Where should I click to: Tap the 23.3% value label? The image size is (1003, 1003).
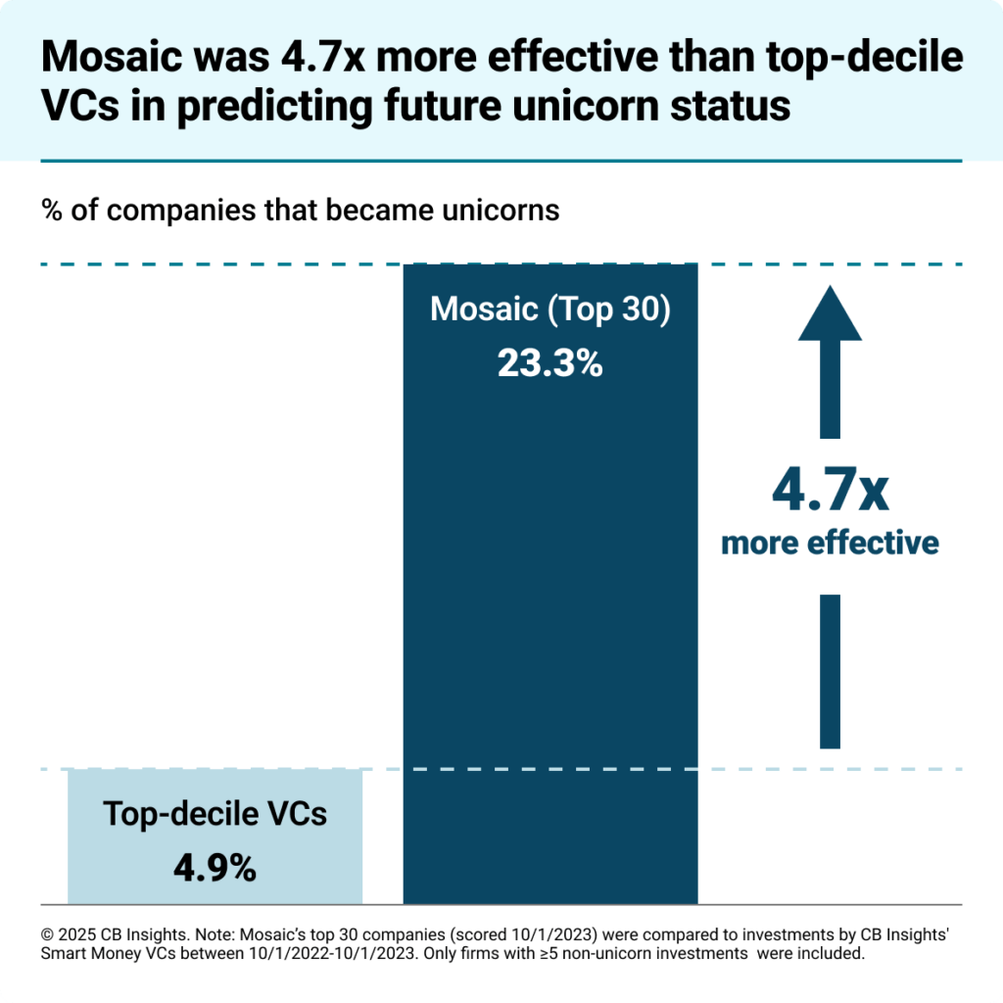[549, 363]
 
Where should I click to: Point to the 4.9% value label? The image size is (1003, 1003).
[215, 867]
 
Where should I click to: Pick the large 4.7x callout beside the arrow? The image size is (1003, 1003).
[830, 491]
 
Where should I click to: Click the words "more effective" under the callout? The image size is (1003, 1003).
[830, 543]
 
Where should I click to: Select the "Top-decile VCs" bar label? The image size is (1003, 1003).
[215, 814]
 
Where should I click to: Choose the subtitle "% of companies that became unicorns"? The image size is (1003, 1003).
[300, 210]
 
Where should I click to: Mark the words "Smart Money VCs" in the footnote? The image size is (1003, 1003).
[99, 953]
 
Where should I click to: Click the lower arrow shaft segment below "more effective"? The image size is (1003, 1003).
[830, 671]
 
